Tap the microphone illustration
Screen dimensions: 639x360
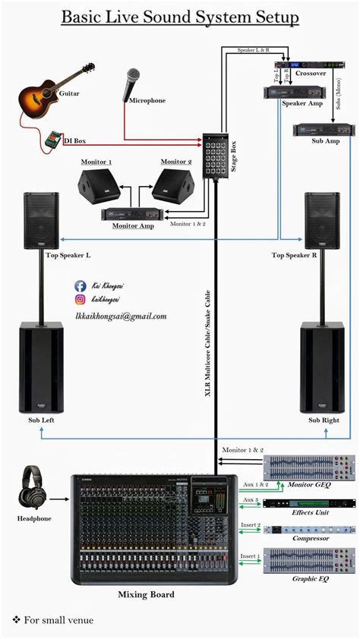point(129,83)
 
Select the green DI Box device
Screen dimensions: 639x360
point(52,140)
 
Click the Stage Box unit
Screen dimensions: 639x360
point(215,151)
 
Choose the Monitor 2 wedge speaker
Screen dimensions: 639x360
point(175,186)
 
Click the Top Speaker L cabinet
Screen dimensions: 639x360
point(41,220)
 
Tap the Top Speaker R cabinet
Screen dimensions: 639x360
point(322,220)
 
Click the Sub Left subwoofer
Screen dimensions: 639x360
point(41,367)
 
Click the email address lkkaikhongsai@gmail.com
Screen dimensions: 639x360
point(120,316)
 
